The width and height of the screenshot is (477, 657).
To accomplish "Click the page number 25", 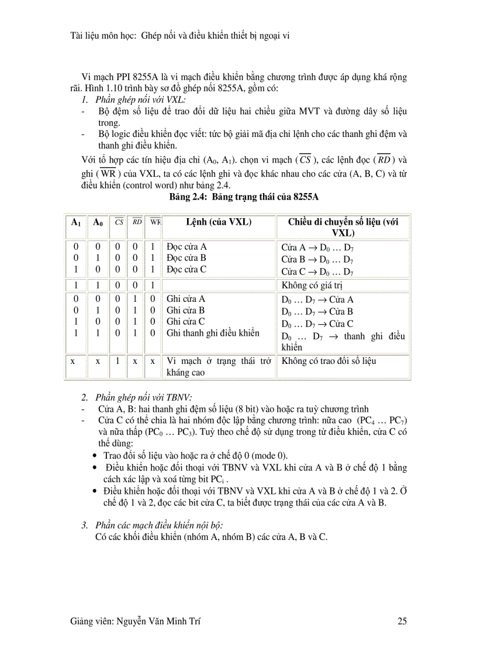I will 402,621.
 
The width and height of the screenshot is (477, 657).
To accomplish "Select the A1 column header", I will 75,222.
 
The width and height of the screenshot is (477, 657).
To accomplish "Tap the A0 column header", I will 98,222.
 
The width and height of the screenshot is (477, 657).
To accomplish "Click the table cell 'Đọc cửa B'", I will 186,258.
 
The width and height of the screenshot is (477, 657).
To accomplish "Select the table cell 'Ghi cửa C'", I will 186,322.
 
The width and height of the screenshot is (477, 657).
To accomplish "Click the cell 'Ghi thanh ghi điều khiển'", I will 213,333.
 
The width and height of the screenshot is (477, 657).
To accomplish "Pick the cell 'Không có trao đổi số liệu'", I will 329,361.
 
